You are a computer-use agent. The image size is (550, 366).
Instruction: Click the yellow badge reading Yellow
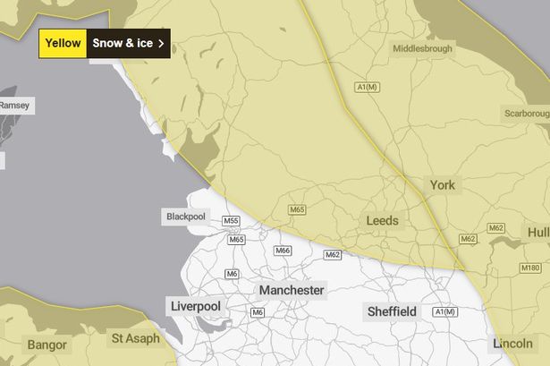[x=63, y=43]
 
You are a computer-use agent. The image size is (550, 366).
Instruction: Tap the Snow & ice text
[x=123, y=43]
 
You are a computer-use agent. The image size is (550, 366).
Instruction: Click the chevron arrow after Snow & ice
[x=161, y=43]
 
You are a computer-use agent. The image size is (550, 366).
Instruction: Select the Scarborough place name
[x=525, y=115]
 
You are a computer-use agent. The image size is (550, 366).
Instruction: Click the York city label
[x=442, y=185]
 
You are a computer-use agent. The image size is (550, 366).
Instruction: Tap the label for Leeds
[x=383, y=220]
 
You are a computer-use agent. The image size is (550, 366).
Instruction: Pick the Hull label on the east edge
[x=538, y=233]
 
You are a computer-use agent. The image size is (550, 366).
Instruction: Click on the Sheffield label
[x=392, y=311]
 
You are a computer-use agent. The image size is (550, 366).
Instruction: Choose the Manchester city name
[x=292, y=291]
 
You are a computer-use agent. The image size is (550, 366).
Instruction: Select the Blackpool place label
[x=185, y=217]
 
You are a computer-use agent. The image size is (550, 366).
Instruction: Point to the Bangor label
[x=47, y=343]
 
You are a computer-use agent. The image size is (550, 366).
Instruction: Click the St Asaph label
[x=135, y=338]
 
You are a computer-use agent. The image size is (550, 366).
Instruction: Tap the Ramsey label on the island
[x=13, y=105]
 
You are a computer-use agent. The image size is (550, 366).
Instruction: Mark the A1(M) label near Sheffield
[x=444, y=311]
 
